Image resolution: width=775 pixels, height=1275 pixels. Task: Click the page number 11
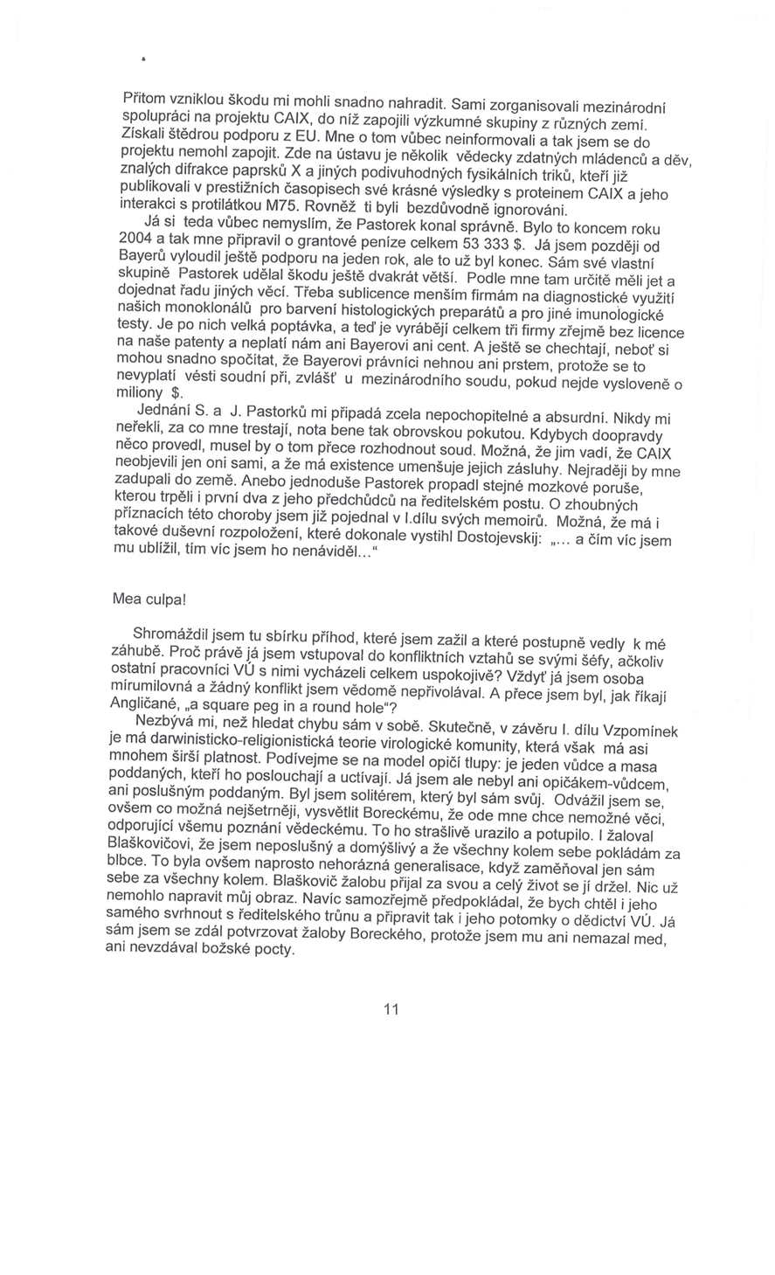tap(391, 1009)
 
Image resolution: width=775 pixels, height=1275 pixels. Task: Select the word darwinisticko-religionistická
tap(244, 740)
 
